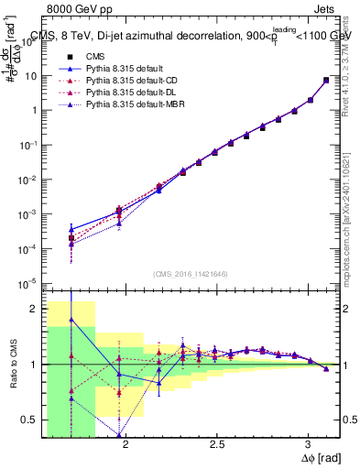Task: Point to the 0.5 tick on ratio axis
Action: (31, 420)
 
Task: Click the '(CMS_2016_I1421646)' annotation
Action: (191, 273)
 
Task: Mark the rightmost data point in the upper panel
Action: (326, 81)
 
